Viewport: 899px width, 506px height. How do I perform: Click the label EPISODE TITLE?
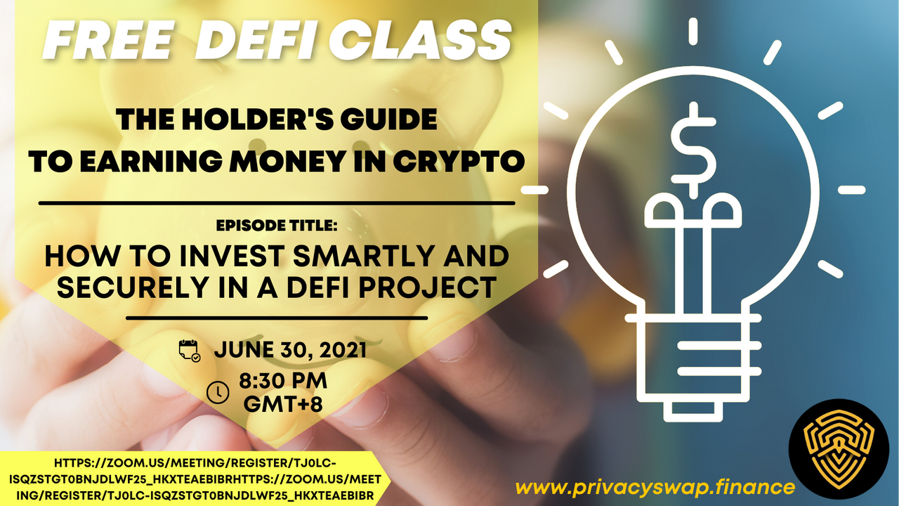pyautogui.click(x=276, y=226)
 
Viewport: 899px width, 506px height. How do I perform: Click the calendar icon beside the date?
pyautogui.click(x=190, y=351)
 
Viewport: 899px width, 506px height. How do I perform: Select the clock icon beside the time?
pyautogui.click(x=218, y=392)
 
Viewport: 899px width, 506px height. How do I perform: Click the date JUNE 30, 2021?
pyautogui.click(x=290, y=350)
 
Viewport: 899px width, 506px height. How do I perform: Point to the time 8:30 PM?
pyautogui.click(x=283, y=381)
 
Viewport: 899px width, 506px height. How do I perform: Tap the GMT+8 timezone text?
pyautogui.click(x=283, y=404)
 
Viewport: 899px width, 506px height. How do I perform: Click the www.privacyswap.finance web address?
pyautogui.click(x=655, y=488)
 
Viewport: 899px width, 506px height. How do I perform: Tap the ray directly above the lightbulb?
pyautogui.click(x=693, y=32)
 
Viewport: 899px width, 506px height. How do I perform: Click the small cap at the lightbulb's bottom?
pyautogui.click(x=693, y=412)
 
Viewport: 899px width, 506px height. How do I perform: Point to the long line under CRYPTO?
pyautogui.click(x=277, y=203)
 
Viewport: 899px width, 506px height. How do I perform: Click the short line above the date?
pyautogui.click(x=277, y=318)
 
